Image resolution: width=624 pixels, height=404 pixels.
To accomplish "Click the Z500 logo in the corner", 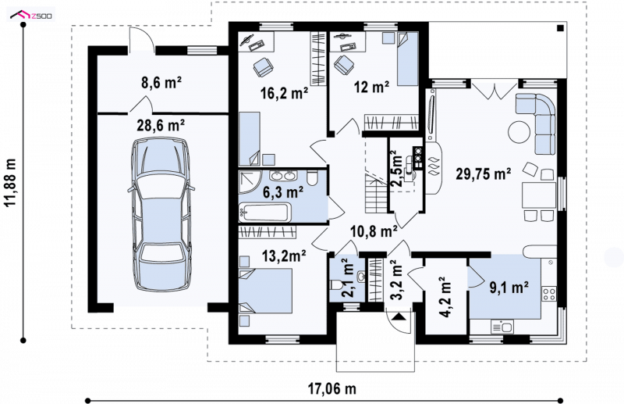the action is click(32, 15).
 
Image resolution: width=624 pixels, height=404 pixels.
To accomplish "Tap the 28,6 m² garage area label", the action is click(161, 126).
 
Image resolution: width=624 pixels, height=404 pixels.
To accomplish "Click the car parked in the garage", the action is click(161, 214).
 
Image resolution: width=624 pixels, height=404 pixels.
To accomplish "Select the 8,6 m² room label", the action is click(161, 83).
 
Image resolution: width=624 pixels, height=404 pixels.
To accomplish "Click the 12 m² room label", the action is click(372, 87).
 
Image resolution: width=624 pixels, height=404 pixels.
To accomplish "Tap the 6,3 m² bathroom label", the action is click(283, 192).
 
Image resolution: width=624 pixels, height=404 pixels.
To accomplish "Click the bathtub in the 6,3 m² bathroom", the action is click(264, 213).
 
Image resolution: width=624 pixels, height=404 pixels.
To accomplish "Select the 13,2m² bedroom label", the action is click(284, 256).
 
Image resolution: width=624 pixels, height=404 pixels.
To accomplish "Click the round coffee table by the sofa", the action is click(519, 131).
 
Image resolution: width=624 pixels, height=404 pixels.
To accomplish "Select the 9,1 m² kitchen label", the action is click(509, 287).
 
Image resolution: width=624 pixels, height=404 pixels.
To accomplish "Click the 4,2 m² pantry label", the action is click(445, 297).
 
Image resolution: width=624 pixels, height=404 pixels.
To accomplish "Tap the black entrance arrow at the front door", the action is click(399, 317).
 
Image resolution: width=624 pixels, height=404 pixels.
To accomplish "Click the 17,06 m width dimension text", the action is click(332, 388).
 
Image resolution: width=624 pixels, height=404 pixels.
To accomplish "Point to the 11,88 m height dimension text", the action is click(11, 182).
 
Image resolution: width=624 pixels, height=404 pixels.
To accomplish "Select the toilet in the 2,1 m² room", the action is click(335, 284).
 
